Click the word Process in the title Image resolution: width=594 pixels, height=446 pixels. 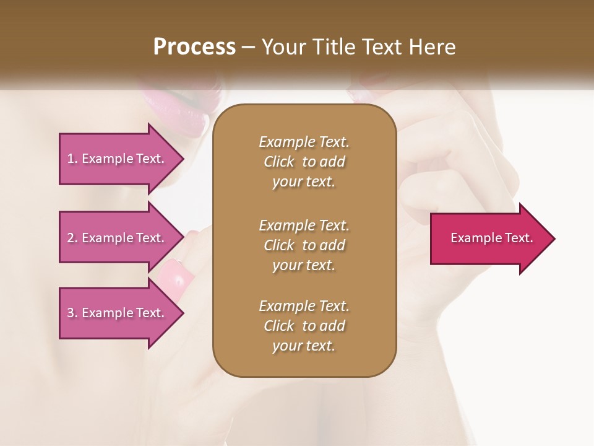tap(194, 47)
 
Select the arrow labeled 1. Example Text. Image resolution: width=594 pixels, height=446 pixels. tap(118, 159)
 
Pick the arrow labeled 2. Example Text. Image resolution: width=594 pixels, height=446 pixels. tap(118, 238)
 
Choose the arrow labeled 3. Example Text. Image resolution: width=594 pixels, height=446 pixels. tap(118, 313)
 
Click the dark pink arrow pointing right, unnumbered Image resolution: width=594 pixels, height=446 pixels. tap(489, 238)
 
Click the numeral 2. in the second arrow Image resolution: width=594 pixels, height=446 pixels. tap(72, 238)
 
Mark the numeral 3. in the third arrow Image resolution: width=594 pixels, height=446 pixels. tap(72, 313)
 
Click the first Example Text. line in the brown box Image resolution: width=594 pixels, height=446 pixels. tap(304, 142)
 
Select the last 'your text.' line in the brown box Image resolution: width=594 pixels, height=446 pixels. tap(304, 346)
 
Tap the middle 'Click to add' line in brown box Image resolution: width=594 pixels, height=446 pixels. tap(304, 245)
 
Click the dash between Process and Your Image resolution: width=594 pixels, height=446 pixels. tap(249, 47)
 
